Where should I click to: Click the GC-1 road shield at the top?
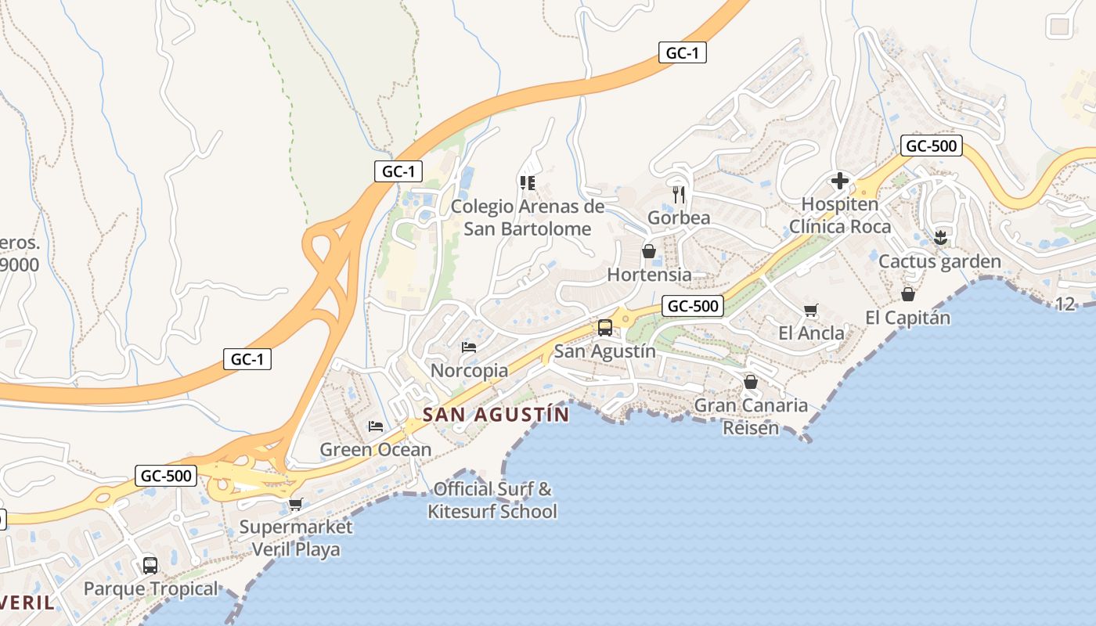683,53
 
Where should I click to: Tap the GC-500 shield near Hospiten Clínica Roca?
931,146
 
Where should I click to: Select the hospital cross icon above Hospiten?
839,182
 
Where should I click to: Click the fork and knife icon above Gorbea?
679,194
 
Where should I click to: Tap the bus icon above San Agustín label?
604,328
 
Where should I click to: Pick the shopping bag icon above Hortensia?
648,251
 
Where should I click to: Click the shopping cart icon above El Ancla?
810,310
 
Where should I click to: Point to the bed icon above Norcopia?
469,347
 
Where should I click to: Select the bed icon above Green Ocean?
376,426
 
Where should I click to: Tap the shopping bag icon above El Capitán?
907,294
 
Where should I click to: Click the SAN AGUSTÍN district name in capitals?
496,415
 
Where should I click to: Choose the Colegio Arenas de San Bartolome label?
528,218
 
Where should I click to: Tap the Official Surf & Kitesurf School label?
492,501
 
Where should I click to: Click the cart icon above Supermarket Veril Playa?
295,504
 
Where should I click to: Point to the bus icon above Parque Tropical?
150,565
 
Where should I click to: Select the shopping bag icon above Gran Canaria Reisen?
750,382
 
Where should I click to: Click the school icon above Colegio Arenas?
527,183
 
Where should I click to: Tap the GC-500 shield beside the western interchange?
166,475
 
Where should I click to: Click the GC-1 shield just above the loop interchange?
398,171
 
